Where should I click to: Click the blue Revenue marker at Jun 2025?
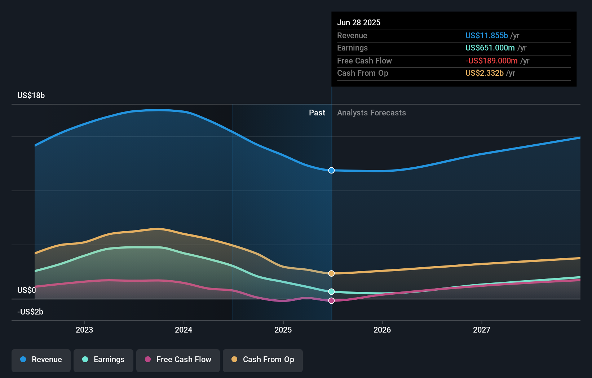click(x=331, y=170)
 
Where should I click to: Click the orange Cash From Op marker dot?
click(x=331, y=273)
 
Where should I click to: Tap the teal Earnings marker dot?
click(x=331, y=291)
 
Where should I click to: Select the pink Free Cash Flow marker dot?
click(x=331, y=300)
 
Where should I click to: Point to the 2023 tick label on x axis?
click(x=84, y=330)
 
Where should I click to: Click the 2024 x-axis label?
click(x=184, y=330)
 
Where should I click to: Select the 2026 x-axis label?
click(x=382, y=330)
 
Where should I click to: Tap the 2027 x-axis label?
click(x=482, y=330)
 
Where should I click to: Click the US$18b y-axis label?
click(x=31, y=95)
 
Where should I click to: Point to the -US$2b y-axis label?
click(x=30, y=312)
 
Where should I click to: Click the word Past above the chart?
click(x=317, y=113)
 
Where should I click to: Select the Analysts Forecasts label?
click(x=371, y=113)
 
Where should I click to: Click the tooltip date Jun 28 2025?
click(x=359, y=22)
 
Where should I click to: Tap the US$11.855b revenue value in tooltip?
click(x=486, y=35)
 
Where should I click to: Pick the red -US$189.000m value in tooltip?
click(x=491, y=61)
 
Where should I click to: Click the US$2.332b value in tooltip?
click(x=484, y=73)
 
